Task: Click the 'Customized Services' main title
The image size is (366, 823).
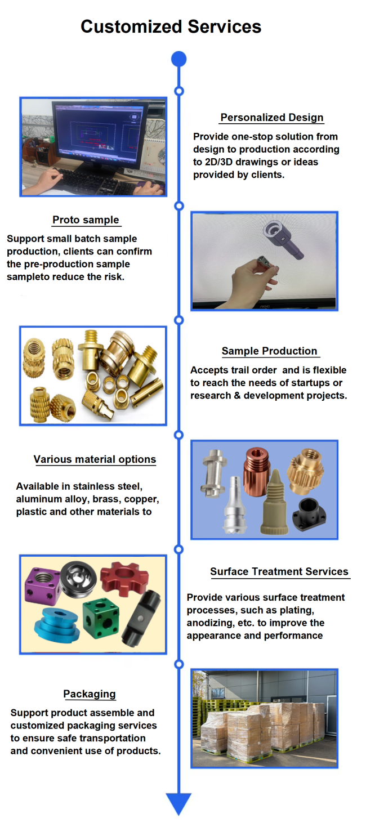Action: coord(171,26)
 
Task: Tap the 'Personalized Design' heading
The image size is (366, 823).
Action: coord(271,118)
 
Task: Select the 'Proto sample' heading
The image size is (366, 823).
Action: coord(86,220)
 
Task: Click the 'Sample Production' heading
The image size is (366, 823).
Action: coord(269,351)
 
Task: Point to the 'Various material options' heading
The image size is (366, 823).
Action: coord(95,459)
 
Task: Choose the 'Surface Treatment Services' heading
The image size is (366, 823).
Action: coord(279,571)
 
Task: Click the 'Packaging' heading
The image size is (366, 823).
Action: coord(90,694)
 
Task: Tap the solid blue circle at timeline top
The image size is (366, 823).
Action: coord(178,59)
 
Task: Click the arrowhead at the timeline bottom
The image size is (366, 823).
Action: coord(178,804)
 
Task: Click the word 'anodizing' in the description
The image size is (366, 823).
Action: coord(210,623)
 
